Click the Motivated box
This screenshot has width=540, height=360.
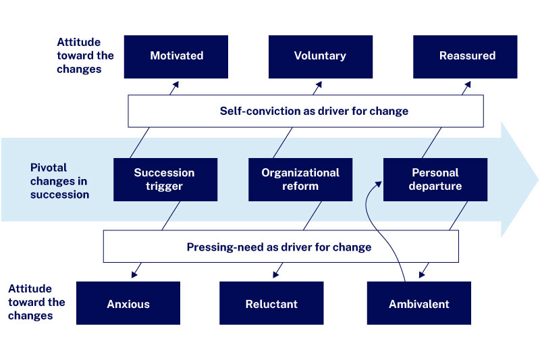coord(176,57)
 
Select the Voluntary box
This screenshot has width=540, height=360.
coord(320,57)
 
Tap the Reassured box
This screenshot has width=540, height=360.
coord(466,57)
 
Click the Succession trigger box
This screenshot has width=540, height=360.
coord(165,180)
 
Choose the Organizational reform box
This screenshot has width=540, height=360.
coord(300,180)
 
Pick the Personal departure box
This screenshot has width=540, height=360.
coord(435,180)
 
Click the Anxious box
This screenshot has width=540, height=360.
coord(128,303)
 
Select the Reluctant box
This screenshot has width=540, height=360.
coord(271,303)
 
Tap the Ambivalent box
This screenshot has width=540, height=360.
coord(418,303)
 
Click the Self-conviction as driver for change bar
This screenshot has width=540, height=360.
coord(306,111)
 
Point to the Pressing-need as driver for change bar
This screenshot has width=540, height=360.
coord(280,247)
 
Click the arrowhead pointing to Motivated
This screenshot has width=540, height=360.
coord(177,84)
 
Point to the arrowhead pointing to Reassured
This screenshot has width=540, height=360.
coord(466,84)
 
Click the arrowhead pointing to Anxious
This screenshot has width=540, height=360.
coord(135,274)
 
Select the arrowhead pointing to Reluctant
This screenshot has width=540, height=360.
coord(276,274)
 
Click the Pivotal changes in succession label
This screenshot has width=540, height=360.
coord(59,180)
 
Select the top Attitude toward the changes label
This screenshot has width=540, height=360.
coord(85,55)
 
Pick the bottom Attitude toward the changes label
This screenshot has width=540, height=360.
coord(36,303)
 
